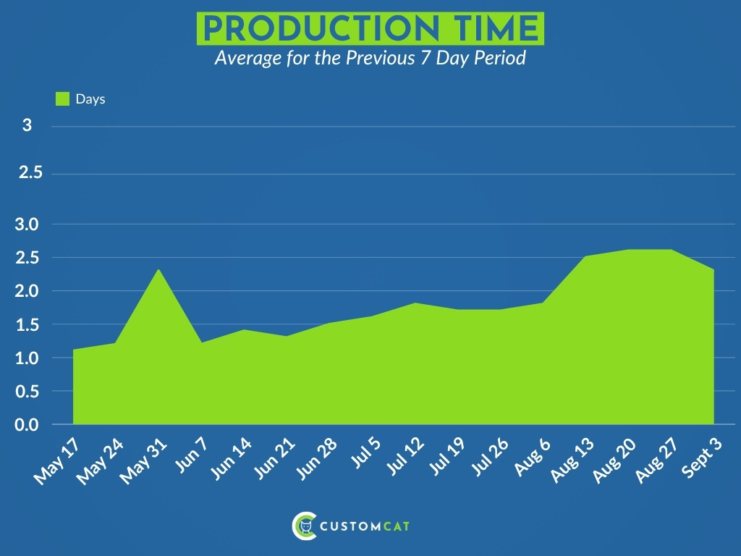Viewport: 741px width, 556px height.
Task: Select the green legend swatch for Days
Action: click(62, 98)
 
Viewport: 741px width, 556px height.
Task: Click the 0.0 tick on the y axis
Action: click(27, 424)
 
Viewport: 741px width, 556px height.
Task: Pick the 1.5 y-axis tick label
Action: click(27, 325)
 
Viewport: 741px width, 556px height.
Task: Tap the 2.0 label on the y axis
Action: click(27, 291)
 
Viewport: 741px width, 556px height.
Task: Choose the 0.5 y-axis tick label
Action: click(27, 392)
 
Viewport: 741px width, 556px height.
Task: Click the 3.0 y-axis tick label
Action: click(27, 224)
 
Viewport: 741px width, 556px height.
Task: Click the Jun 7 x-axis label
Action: click(192, 455)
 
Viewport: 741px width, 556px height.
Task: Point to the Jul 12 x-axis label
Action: click(405, 456)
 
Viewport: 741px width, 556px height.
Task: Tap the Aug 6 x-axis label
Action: click(533, 457)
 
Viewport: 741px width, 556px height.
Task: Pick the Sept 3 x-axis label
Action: click(702, 458)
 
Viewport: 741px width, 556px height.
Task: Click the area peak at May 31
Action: click(158, 269)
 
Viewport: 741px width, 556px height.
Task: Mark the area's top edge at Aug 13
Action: click(585, 256)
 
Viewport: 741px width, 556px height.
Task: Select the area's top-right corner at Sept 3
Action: click(714, 269)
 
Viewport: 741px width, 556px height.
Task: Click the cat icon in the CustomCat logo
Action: click(306, 526)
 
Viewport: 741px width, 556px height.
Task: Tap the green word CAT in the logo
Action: click(396, 526)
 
